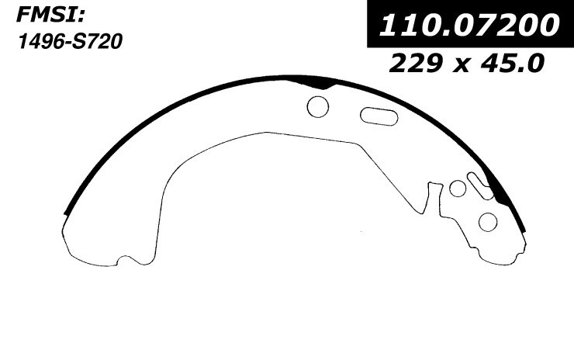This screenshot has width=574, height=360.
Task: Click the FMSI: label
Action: pos(50,16)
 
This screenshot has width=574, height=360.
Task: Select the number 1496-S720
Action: pos(70,41)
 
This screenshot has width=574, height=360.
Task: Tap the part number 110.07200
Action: pos(469,25)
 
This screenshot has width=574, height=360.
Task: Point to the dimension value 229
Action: pos(416,63)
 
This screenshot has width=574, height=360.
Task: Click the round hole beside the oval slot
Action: pos(318,106)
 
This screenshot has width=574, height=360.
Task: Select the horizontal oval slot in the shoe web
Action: pos(379,116)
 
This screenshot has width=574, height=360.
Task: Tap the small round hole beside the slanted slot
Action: pos(458,189)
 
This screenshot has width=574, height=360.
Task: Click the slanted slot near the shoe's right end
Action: pos(480,185)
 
